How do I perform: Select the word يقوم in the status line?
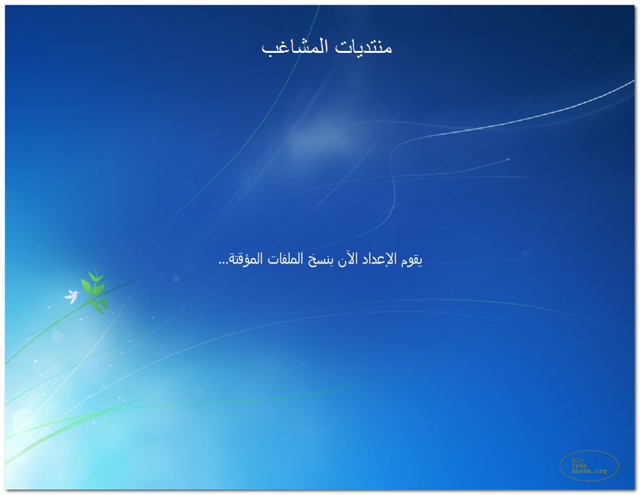[411, 260]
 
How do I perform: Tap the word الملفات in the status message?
[285, 258]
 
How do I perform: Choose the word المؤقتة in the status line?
[247, 258]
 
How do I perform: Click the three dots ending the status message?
[223, 263]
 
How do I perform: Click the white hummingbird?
[72, 296]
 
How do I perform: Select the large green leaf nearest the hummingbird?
[86, 286]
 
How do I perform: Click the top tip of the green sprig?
[94, 267]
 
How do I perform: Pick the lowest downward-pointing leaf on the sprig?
[98, 307]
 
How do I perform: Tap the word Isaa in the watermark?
[579, 465]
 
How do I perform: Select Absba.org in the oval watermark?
[589, 471]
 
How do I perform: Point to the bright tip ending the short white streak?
[508, 159]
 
